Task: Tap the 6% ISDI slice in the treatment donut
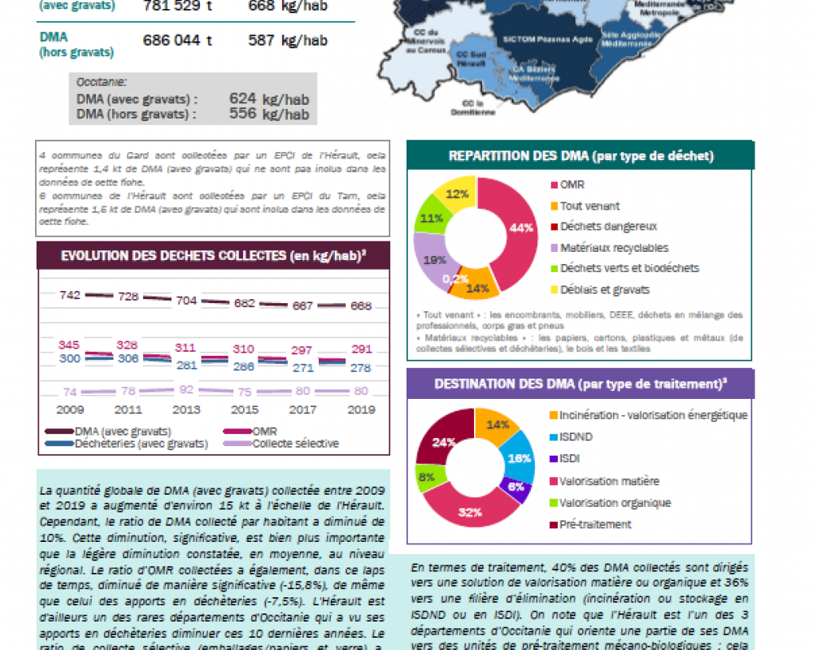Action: [516, 487]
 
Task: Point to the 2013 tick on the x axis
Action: [187, 409]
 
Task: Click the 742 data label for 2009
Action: [70, 295]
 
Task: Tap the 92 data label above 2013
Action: [187, 389]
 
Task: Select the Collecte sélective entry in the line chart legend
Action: [295, 444]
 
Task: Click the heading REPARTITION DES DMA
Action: [580, 155]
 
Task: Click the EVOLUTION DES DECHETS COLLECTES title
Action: [213, 255]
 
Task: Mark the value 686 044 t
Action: [177, 40]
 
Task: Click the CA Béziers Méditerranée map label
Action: [534, 74]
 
